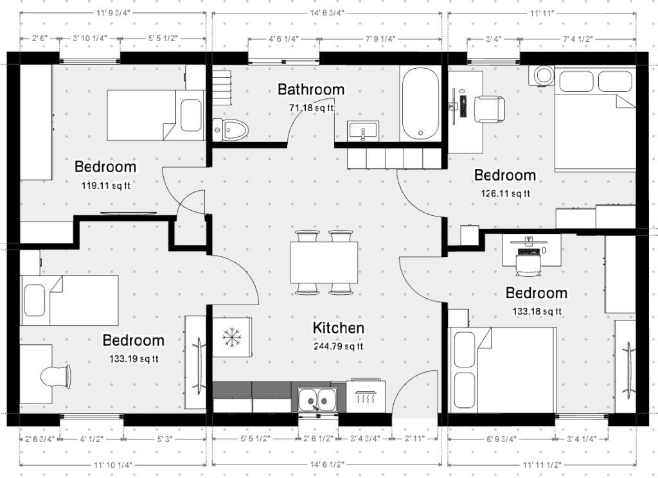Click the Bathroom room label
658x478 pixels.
tap(311, 89)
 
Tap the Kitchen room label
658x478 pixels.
tap(339, 328)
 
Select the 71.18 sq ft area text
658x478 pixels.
tap(312, 108)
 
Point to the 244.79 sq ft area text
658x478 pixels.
tap(338, 346)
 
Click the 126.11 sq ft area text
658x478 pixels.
tap(505, 193)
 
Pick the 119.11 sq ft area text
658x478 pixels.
tap(106, 185)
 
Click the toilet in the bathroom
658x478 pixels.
tap(230, 130)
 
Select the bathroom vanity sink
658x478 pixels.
tap(363, 130)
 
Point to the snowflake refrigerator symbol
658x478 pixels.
tap(231, 337)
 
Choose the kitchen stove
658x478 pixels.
tap(366, 395)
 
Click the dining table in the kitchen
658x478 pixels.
tap(324, 262)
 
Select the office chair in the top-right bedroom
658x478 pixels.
tap(489, 109)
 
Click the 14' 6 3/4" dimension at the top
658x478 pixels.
tap(327, 13)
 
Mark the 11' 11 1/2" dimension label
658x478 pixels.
tap(542, 465)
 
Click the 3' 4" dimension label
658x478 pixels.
tap(494, 39)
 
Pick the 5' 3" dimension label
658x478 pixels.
tap(165, 439)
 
